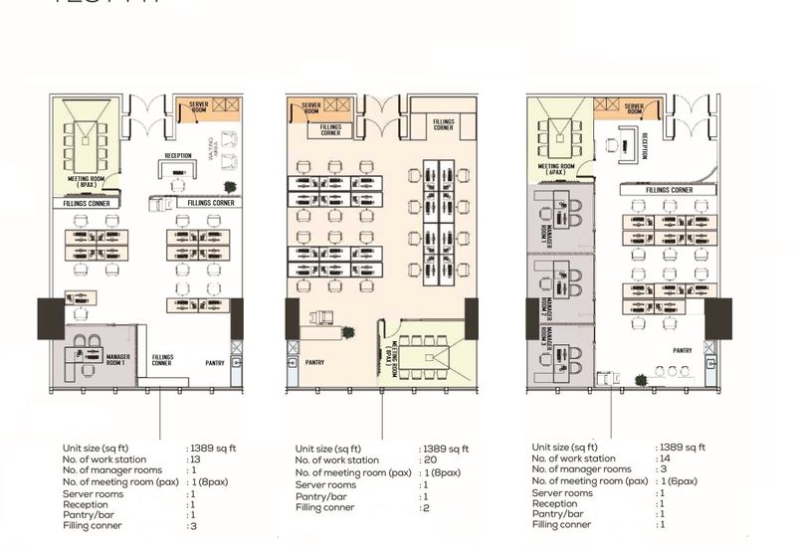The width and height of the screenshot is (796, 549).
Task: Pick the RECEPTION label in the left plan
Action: point(178,156)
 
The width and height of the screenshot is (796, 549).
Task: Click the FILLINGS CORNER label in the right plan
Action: point(669,189)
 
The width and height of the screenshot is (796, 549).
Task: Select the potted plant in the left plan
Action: point(231,187)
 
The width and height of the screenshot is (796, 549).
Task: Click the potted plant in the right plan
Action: point(642,379)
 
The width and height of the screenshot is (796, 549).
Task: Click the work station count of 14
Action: point(664,458)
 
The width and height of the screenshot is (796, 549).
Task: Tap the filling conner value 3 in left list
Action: point(192,525)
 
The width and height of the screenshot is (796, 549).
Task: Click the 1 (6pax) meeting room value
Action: point(679,480)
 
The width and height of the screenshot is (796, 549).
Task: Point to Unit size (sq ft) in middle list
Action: point(336,450)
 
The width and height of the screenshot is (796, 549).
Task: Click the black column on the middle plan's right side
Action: point(471,318)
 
